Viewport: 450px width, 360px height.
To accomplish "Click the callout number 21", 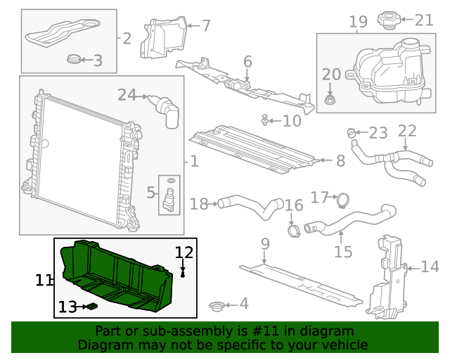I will [424, 20].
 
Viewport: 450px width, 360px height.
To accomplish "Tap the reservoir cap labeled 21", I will [389, 19].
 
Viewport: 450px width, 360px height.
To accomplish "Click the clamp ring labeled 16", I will [295, 229].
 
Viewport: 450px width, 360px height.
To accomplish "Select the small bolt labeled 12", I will [183, 273].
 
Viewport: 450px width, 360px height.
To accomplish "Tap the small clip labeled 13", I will [91, 307].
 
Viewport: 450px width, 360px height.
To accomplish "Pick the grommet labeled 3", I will [72, 60].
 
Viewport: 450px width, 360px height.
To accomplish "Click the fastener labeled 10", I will [264, 121].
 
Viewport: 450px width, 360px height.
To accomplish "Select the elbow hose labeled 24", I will [166, 110].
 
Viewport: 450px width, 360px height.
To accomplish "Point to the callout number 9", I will [265, 244].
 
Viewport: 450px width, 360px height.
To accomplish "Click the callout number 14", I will [430, 266].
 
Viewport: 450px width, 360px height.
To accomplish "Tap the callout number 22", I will [407, 131].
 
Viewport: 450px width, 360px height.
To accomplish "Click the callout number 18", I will [199, 204].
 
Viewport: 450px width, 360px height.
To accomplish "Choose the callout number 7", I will [206, 26].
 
